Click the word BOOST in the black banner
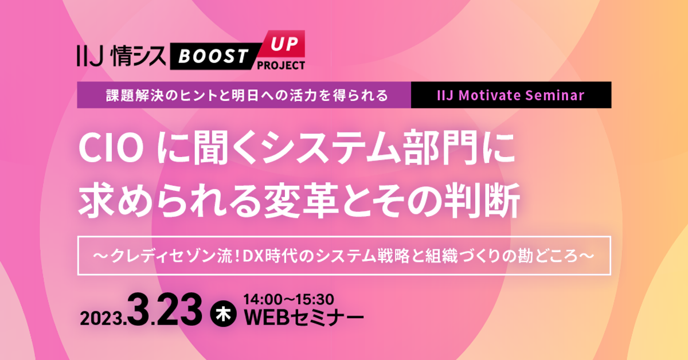click(212, 57)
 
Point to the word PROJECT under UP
click(281, 65)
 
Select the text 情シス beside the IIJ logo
click(136, 57)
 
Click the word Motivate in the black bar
click(502, 95)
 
